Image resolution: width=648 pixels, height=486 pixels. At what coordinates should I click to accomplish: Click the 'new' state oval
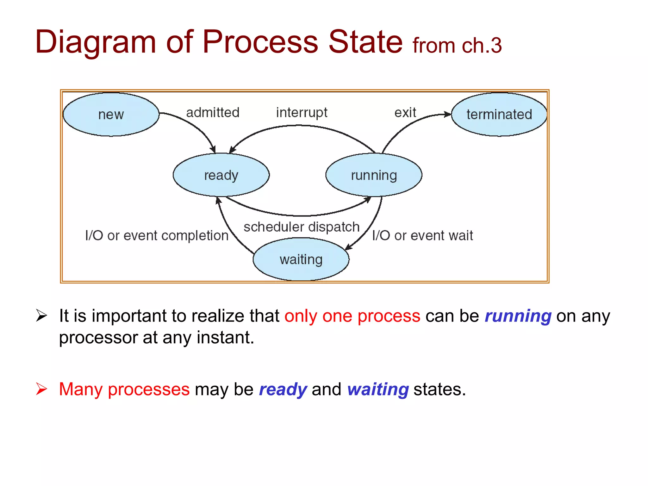click(x=111, y=115)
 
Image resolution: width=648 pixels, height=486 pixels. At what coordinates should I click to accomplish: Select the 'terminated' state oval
click(x=499, y=115)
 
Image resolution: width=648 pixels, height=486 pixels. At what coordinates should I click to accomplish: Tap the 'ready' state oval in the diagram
click(x=221, y=175)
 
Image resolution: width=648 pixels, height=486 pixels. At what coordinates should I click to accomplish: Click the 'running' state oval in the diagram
click(x=374, y=175)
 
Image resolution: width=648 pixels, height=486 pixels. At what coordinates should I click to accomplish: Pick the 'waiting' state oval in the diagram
click(x=301, y=259)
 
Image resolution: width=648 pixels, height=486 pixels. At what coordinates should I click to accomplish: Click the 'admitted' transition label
click(x=213, y=113)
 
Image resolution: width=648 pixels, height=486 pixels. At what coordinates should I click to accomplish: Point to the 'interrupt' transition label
click(x=302, y=113)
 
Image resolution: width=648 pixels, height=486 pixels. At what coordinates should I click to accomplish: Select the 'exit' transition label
click(x=405, y=113)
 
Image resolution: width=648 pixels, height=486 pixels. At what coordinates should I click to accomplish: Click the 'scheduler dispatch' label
click(x=302, y=227)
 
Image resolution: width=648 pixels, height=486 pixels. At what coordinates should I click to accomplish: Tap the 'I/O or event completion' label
click(x=157, y=236)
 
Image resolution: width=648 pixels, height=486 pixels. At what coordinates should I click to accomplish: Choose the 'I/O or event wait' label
click(x=422, y=236)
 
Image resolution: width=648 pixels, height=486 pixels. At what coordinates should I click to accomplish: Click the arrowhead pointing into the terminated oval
click(x=447, y=115)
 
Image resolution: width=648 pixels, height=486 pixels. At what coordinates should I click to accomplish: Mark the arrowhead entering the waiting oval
click(x=348, y=247)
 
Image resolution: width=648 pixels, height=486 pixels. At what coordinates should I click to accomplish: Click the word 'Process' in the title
click(x=260, y=42)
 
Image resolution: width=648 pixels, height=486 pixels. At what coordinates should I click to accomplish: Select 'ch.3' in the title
click(x=482, y=46)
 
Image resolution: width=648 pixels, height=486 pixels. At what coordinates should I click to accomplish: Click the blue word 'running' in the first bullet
click(x=518, y=316)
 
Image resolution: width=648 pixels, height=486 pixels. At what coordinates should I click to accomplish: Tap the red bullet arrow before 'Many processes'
click(x=41, y=389)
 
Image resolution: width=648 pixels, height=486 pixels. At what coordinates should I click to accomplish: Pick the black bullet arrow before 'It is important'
click(x=41, y=315)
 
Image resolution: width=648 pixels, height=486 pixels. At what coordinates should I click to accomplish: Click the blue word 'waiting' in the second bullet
click(x=378, y=389)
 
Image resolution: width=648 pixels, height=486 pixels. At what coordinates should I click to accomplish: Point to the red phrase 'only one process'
click(x=352, y=316)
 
